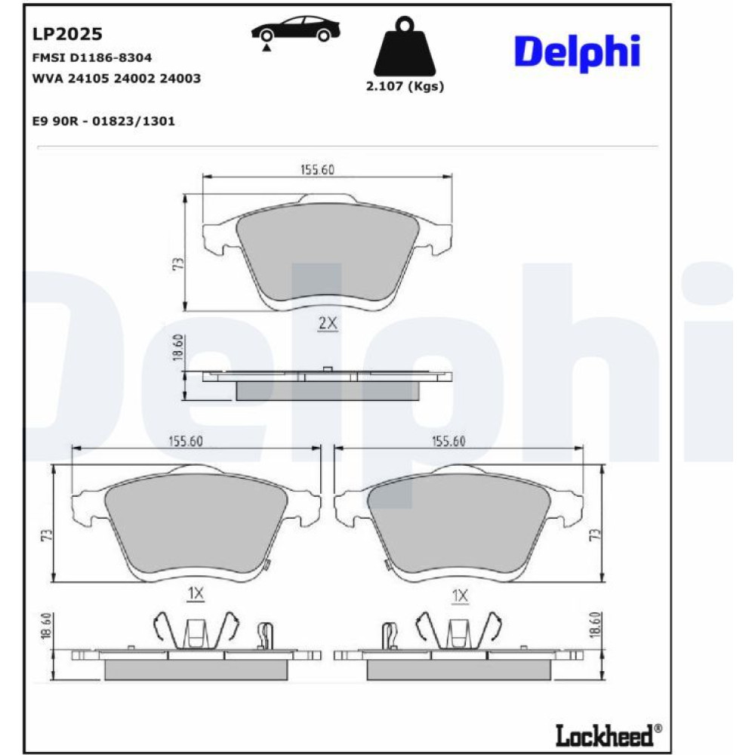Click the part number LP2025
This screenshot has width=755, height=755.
tap(67, 34)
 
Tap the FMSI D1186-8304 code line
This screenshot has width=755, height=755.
tap(92, 58)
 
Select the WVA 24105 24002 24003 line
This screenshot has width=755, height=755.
tap(116, 79)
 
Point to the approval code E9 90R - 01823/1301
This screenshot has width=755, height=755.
tap(103, 121)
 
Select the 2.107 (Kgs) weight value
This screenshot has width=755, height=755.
tap(405, 86)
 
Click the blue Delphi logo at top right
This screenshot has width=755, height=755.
tap(578, 52)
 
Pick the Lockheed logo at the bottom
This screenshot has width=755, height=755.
tap(609, 735)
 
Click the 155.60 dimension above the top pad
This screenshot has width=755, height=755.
tap(317, 169)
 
